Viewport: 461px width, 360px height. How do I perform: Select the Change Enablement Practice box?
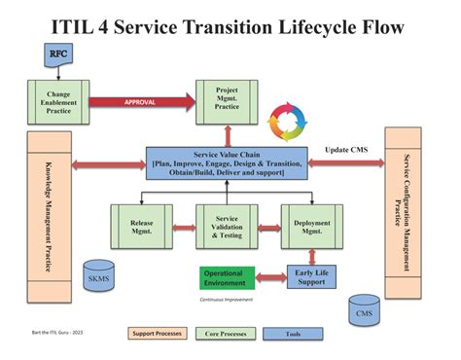[x=55, y=101]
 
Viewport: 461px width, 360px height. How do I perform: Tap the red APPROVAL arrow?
[x=141, y=101]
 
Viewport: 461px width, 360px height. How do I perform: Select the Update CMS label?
[x=347, y=149]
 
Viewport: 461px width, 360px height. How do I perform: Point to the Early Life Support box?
[x=312, y=277]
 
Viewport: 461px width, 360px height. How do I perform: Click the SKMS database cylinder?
[x=97, y=276]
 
